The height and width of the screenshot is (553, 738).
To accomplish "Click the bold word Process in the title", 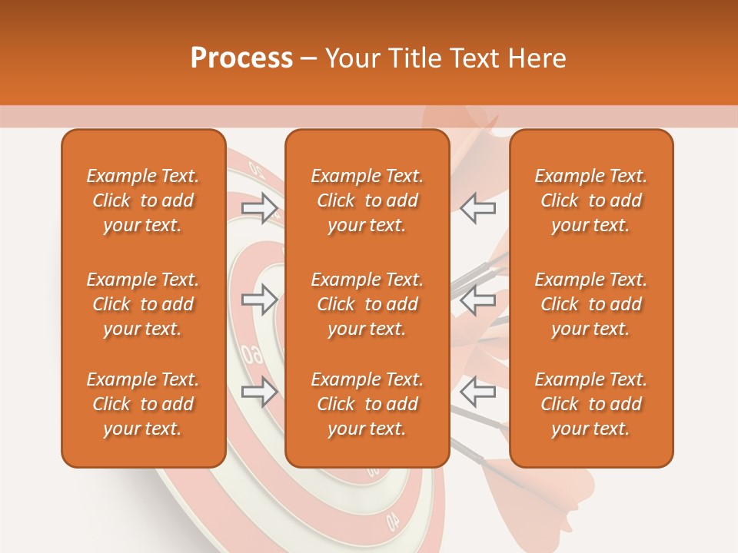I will (x=241, y=58).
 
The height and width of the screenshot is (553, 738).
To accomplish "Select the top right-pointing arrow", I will (x=260, y=208).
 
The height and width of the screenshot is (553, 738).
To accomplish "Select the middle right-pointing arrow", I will (x=260, y=300).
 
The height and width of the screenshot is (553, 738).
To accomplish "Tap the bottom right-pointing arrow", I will (x=260, y=392).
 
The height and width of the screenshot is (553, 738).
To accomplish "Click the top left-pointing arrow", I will (x=478, y=208).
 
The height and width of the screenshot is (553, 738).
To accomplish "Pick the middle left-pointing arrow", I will (x=478, y=300).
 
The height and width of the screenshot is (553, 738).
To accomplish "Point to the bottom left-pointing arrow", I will (x=478, y=392).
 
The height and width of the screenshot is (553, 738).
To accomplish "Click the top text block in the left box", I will (x=143, y=200).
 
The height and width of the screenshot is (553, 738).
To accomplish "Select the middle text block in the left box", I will (x=143, y=304).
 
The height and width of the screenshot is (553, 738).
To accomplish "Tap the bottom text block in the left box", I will (x=143, y=404).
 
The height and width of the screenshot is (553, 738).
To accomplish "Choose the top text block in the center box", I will (x=367, y=200).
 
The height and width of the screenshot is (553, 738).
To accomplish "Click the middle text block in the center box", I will (x=367, y=304).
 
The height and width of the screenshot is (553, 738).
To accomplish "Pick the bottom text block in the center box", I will (x=367, y=404).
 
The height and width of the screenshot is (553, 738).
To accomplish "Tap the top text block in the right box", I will (x=591, y=200).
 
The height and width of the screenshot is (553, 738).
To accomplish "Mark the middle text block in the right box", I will (x=591, y=304).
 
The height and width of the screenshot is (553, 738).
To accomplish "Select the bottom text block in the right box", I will (x=591, y=404).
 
